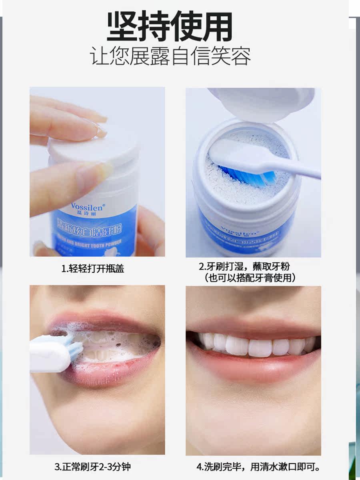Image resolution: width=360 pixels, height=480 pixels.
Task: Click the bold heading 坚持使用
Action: [x=170, y=27]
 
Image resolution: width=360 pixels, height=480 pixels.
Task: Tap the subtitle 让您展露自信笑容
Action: [x=170, y=57]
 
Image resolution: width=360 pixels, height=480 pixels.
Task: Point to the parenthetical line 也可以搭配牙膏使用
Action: [x=250, y=278]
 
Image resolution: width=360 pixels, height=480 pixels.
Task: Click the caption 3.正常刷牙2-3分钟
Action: [x=92, y=466]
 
